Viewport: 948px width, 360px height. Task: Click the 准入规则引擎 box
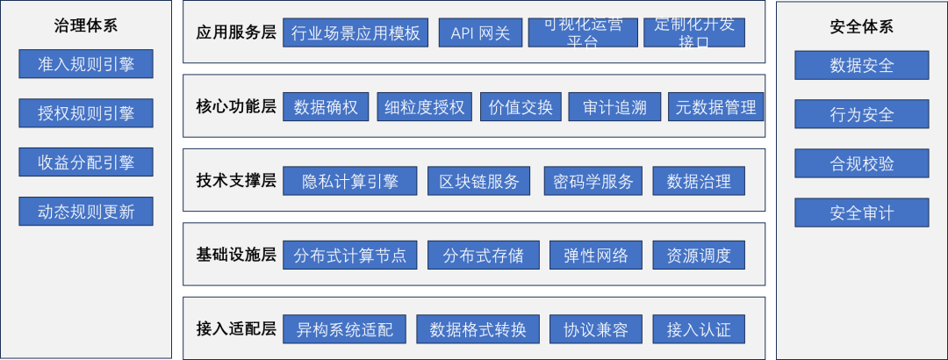86,64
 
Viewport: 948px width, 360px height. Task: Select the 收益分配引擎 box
86,162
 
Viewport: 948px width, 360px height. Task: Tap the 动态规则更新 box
86,212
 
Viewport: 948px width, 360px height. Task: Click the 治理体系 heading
86,25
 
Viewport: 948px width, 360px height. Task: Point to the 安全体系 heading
861,25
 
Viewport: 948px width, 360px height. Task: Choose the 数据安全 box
861,65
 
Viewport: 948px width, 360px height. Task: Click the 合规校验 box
861,163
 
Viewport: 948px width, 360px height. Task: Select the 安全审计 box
861,212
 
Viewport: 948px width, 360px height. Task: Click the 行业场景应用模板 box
355,33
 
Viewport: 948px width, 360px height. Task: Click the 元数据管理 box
715,107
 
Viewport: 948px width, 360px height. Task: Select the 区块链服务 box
479,181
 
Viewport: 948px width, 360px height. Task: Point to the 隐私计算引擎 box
349,181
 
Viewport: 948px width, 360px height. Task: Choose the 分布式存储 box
484,256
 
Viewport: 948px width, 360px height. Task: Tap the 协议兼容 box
596,329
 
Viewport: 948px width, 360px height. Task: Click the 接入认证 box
699,329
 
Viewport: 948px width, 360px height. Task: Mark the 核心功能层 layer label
236,107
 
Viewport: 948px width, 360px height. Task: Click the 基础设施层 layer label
236,256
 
